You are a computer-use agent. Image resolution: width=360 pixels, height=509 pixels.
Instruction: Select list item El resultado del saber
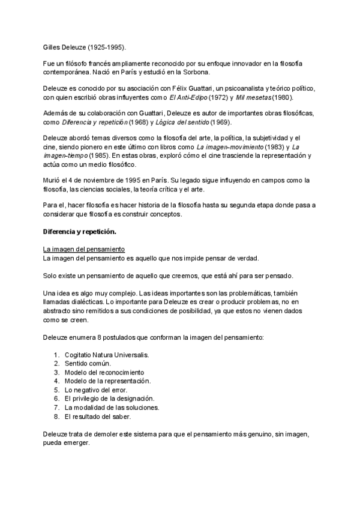97,415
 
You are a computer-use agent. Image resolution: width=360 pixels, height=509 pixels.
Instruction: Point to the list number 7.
56,407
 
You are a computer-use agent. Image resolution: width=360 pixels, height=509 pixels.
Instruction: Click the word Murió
53,180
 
